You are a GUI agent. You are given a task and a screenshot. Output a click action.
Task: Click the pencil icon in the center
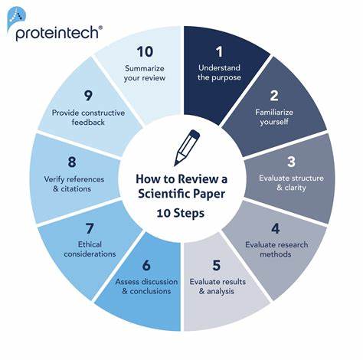pos(187,148)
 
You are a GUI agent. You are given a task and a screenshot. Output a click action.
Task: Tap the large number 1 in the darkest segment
pos(219,52)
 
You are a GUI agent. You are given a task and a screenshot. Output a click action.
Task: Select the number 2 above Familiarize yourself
pos(274,96)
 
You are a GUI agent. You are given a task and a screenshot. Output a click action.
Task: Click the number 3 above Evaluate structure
pos(291,162)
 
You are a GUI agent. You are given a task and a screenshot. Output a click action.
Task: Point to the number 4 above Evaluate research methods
pos(276,229)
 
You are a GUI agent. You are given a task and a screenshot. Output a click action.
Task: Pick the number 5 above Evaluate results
pos(217,265)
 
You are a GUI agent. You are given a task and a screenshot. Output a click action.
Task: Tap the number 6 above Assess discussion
pos(146,265)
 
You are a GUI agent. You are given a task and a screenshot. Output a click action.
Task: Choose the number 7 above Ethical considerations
pos(90,228)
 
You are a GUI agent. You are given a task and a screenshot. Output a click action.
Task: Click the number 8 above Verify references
pos(72,162)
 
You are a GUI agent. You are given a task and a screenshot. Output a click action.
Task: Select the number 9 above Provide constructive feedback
pos(88,96)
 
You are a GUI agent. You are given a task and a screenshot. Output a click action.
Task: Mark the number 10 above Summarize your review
pos(145,52)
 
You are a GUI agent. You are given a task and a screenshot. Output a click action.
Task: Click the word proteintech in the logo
pos(57,34)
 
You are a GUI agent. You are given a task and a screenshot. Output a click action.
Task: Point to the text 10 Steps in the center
pos(181,213)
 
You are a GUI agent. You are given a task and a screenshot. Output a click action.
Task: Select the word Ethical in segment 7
pos(90,244)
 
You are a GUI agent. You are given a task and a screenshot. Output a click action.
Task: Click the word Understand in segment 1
pos(219,68)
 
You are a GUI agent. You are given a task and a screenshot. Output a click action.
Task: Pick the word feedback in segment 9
pos(88,122)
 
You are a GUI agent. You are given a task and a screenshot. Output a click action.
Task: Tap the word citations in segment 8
pos(76,189)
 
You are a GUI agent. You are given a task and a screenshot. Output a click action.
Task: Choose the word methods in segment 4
pos(276,254)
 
